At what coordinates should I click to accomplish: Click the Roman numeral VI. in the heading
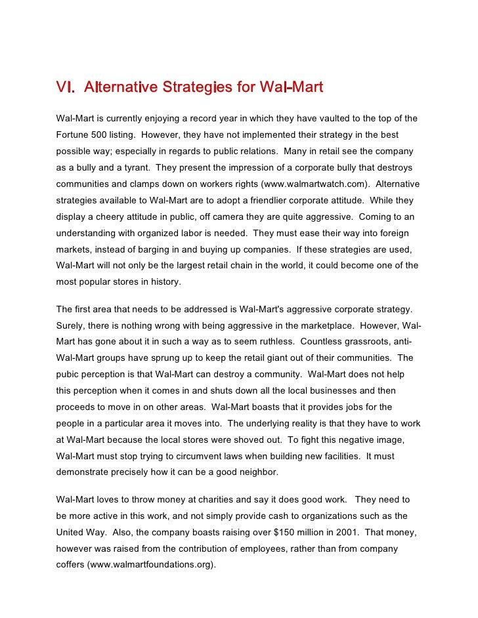(65, 87)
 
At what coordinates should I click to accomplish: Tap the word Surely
(71, 326)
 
